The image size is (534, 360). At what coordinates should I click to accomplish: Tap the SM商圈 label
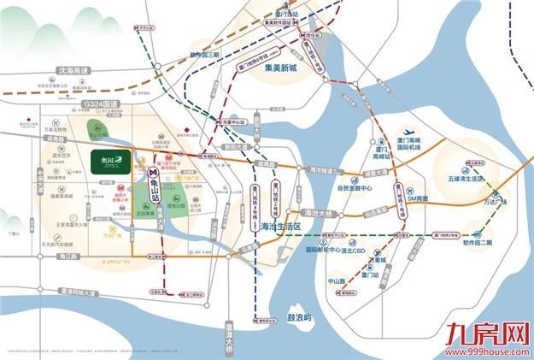(422, 198)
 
